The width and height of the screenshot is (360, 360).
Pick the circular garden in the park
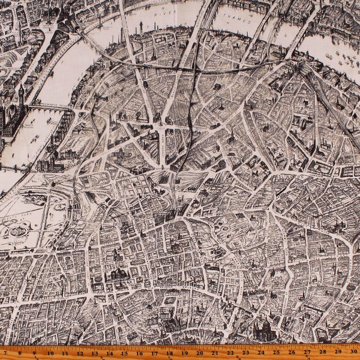[18, 230]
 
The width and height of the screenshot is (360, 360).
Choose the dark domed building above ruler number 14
[118, 273]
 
